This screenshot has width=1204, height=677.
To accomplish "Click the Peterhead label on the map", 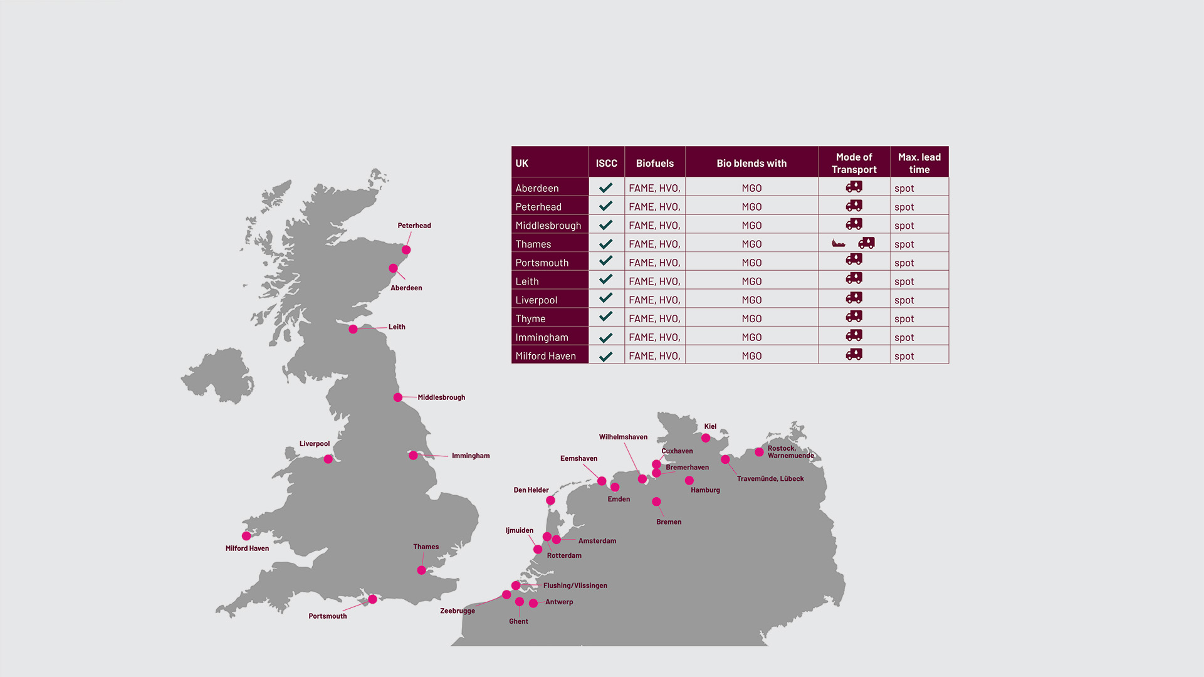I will (x=414, y=226).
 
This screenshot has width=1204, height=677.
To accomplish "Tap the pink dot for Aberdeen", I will (x=393, y=268).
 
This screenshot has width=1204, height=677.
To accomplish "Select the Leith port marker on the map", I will (x=353, y=329).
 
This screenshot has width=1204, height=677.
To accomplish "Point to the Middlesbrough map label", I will (x=441, y=397).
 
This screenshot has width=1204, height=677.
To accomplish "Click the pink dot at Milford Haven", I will (x=246, y=536).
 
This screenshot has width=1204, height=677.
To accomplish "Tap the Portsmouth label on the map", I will (x=327, y=616).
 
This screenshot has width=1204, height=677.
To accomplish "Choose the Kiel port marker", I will (x=706, y=438).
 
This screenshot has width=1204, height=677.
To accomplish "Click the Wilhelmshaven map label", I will (x=623, y=437).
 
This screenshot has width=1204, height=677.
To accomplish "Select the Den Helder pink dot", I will (x=550, y=500).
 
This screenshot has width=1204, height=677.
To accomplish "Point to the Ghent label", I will (x=518, y=621).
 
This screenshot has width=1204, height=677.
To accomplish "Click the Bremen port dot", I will (x=656, y=501).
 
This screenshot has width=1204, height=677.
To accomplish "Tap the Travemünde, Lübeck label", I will (x=770, y=479).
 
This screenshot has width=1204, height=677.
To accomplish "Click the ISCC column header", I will (x=606, y=163).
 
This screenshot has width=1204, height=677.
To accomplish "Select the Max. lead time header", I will (x=919, y=163).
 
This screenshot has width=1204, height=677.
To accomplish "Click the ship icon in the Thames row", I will (x=839, y=243).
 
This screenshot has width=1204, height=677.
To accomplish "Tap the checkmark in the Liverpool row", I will (x=605, y=298).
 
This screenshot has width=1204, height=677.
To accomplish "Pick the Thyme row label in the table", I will (x=530, y=318).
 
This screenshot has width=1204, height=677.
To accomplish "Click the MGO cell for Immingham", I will (x=751, y=337).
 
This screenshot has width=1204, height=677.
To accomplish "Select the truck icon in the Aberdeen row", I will (x=854, y=187).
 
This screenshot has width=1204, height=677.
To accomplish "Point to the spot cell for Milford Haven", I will (x=904, y=356).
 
